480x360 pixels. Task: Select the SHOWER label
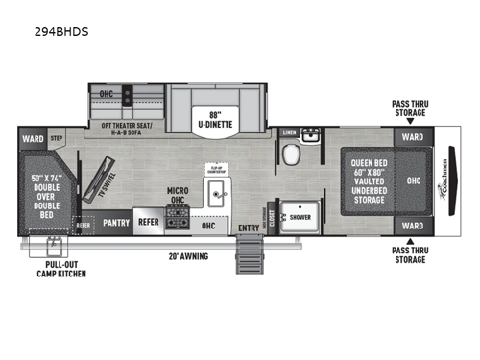click(300, 218)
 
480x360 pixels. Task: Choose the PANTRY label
click(116, 220)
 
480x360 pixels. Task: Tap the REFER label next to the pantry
click(149, 220)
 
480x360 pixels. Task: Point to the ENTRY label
click(249, 228)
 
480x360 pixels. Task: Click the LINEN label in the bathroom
click(290, 132)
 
